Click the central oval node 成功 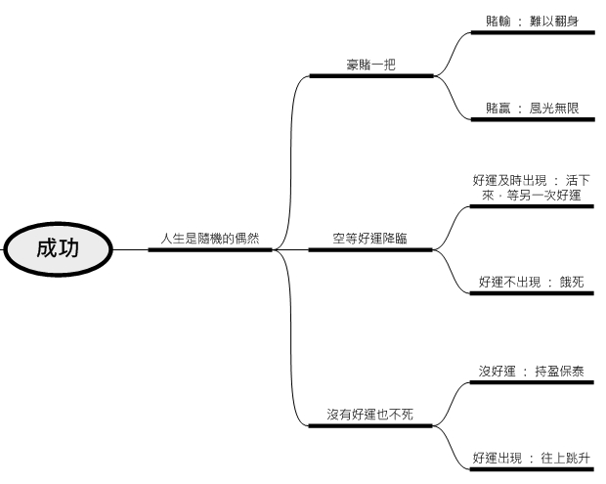click(x=58, y=249)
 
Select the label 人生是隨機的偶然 click(x=210, y=238)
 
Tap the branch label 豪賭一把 click(x=370, y=65)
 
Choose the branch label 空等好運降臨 click(x=370, y=238)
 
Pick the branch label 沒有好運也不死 click(x=370, y=415)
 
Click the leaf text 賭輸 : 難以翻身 click(x=532, y=20)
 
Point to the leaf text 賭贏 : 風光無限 click(x=532, y=108)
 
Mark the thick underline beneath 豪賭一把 click(x=370, y=76)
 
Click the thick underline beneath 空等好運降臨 click(x=370, y=250)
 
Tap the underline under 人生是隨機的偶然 click(x=210, y=250)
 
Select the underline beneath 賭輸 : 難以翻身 click(x=532, y=32)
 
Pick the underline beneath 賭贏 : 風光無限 click(x=532, y=120)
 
